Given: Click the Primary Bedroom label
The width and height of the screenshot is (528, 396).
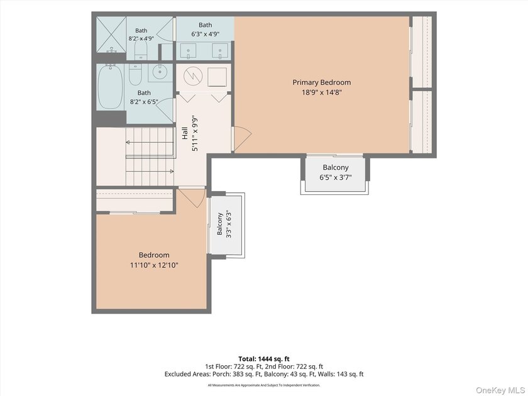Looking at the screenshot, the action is coord(322,82).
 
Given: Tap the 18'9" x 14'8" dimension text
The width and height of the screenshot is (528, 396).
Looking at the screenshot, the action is coord(322,92).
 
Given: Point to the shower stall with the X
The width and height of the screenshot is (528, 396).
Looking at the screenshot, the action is coord(111,35).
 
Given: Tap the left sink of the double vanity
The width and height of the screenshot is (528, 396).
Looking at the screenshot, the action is coord(188,52).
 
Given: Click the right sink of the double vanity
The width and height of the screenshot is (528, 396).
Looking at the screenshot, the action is coord(220,52).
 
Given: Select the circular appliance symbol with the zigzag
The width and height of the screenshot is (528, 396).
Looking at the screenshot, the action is coord(192,76).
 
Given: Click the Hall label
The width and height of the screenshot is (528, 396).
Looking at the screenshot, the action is coord(185,133).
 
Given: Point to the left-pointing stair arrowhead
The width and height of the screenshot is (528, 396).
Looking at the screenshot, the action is coord(128,143).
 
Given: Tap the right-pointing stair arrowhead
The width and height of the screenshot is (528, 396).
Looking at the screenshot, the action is coord(172,172).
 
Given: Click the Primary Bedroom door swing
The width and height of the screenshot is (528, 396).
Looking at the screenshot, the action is coord(242,138).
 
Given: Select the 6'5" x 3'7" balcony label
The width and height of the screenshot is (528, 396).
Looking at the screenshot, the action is coord(336,172).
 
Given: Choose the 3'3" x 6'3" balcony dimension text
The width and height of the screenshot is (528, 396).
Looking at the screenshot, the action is coord(229,224).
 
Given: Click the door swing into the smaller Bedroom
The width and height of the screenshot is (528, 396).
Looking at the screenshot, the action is coord(191,197).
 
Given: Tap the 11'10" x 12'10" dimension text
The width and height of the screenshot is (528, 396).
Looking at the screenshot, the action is coord(154,265).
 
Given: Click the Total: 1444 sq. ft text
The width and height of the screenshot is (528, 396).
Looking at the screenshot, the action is coord(264,359).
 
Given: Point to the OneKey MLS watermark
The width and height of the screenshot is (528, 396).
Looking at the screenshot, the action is coord(500,390).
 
